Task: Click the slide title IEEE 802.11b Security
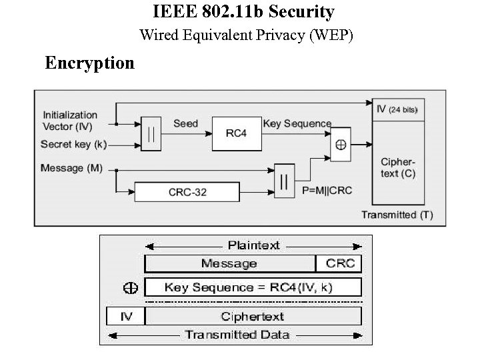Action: pyautogui.click(x=243, y=12)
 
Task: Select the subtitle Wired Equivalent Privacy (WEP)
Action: pyautogui.click(x=246, y=35)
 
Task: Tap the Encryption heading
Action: pyautogui.click(x=89, y=63)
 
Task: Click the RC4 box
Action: pyautogui.click(x=236, y=133)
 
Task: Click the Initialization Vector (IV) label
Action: pyautogui.click(x=70, y=120)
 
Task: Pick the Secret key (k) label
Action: pyautogui.click(x=73, y=144)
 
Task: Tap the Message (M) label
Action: pyautogui.click(x=71, y=168)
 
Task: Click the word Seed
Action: pyautogui.click(x=185, y=123)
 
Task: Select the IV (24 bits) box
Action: pyautogui.click(x=399, y=109)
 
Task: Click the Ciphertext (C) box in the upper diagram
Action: pyautogui.click(x=399, y=167)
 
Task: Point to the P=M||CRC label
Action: pyautogui.click(x=327, y=191)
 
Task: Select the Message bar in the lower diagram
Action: pyautogui.click(x=229, y=263)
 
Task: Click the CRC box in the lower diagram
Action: pyautogui.click(x=339, y=263)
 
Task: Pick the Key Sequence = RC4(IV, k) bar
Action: pyautogui.click(x=253, y=287)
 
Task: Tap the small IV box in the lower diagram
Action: pyautogui.click(x=126, y=316)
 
